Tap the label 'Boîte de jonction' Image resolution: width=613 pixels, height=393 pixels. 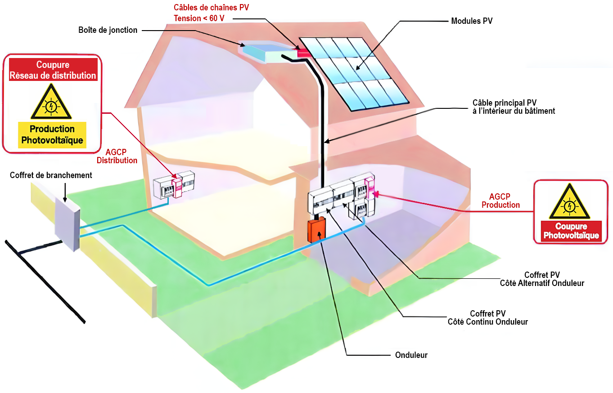(108, 30)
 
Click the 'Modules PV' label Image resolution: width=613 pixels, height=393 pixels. (472, 21)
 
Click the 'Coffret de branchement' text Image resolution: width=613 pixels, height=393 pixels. (51, 175)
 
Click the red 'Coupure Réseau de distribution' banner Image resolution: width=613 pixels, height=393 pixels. (53, 70)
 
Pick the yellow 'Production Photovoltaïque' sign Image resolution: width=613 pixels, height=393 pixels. (53, 134)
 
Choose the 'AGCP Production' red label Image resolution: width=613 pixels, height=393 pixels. (500, 201)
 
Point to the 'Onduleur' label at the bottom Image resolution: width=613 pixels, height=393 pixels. (411, 355)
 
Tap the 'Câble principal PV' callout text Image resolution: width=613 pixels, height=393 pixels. (514, 107)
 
